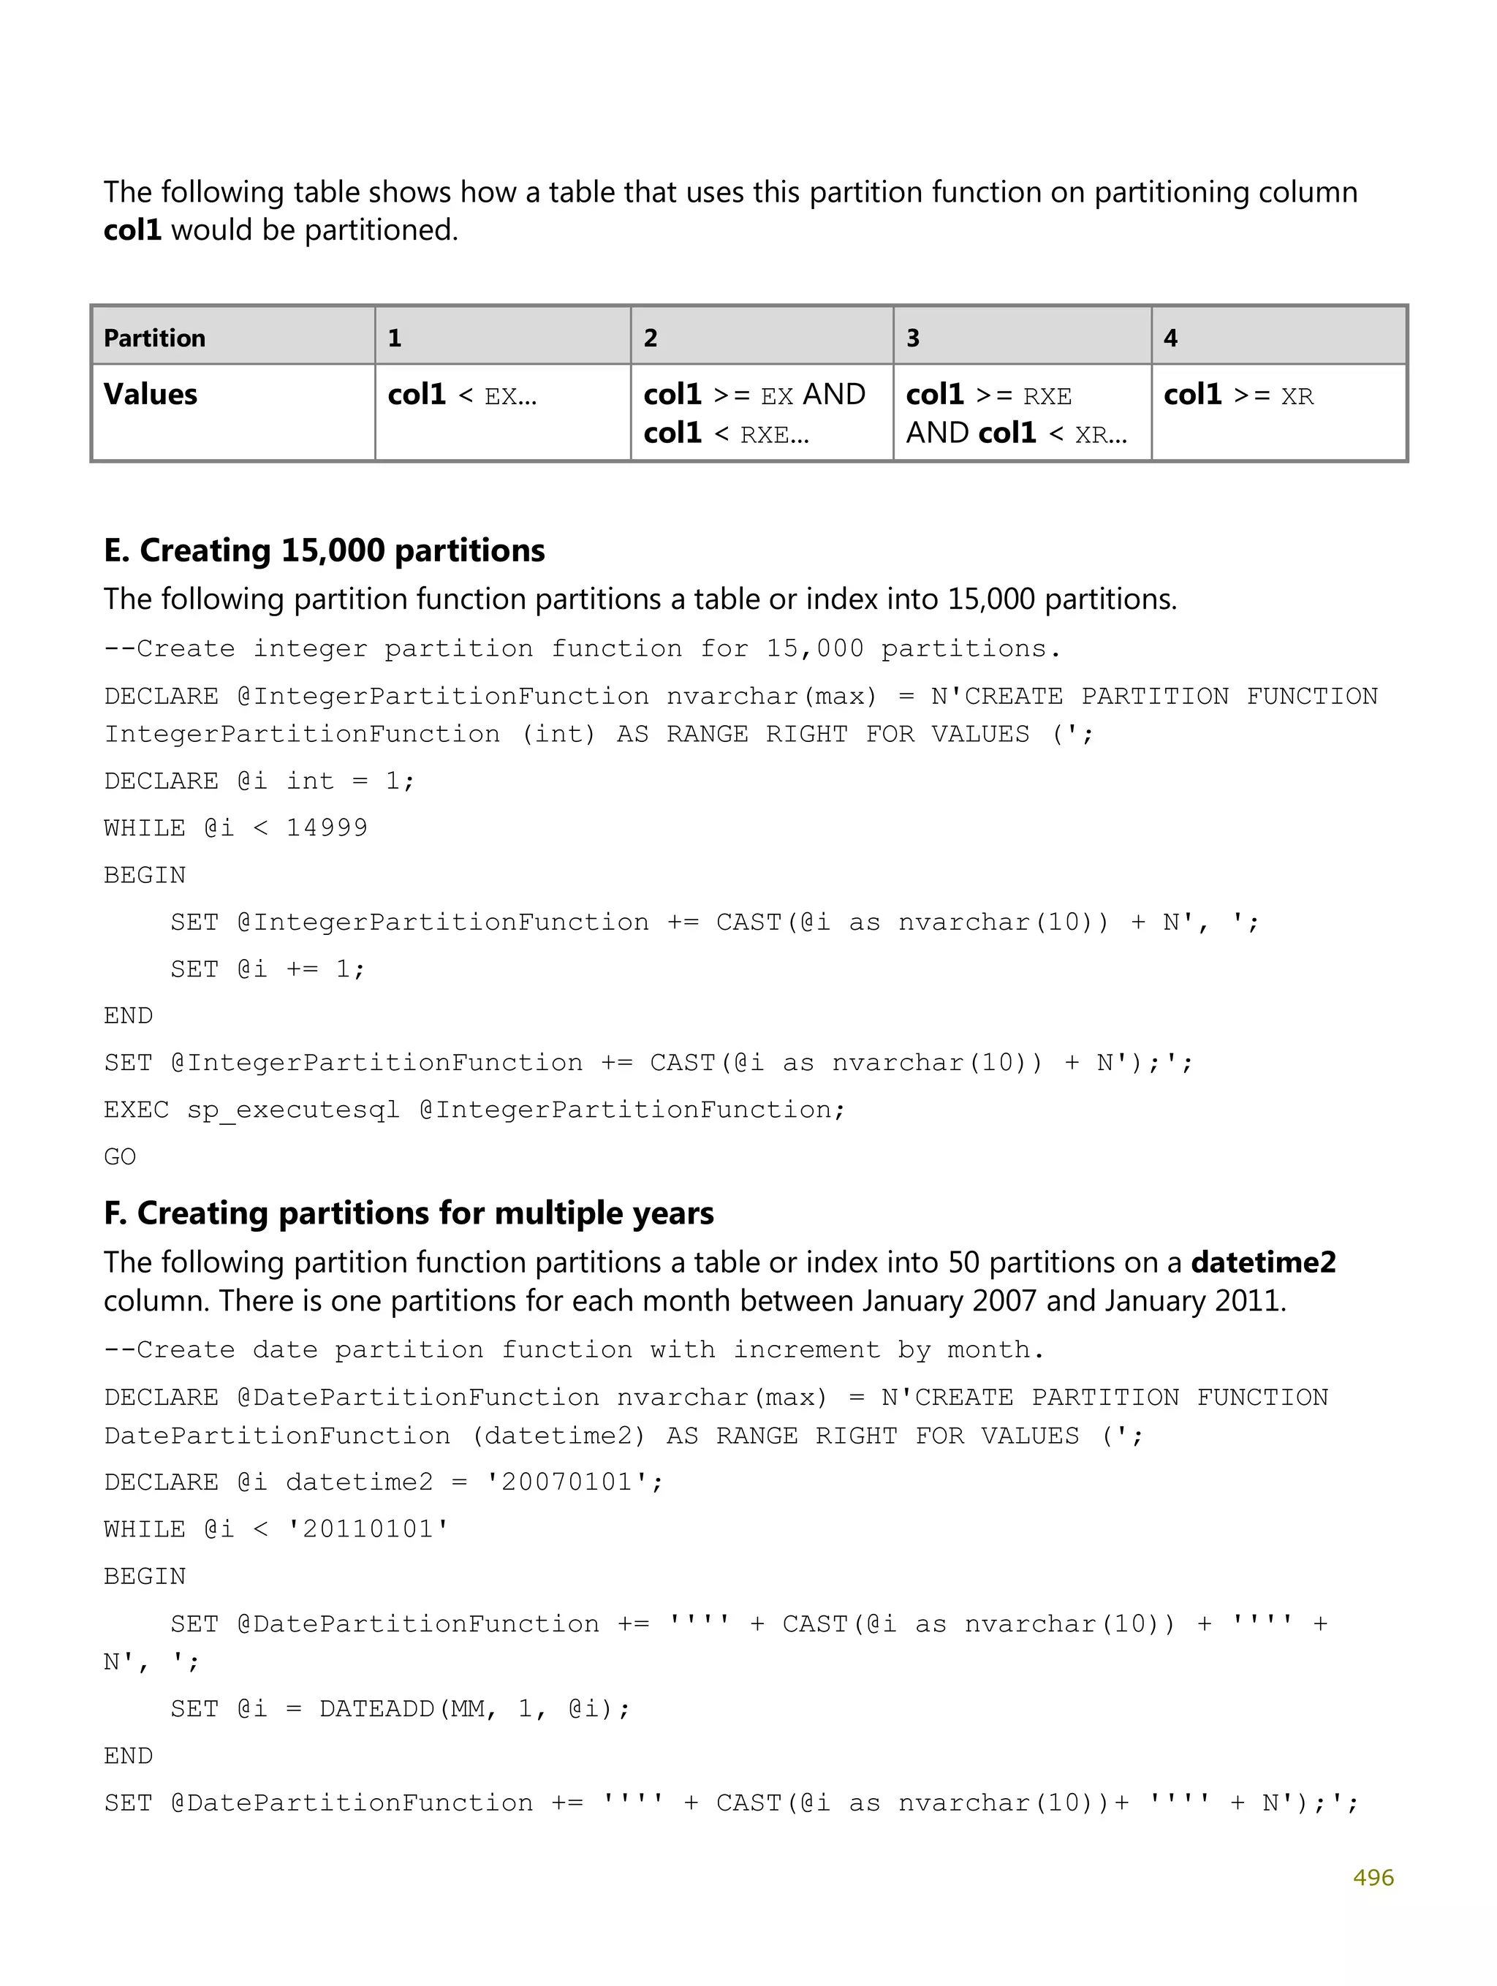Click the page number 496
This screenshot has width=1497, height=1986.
pyautogui.click(x=1372, y=1877)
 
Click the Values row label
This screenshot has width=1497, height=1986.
pyautogui.click(x=150, y=394)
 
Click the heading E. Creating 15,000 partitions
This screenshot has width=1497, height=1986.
pyautogui.click(x=325, y=550)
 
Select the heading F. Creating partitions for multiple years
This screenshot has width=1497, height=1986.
pyautogui.click(x=409, y=1213)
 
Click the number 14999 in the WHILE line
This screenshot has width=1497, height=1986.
pyautogui.click(x=326, y=827)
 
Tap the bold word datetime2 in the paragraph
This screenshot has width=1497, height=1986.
pyautogui.click(x=1262, y=1262)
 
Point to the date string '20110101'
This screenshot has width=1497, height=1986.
pyautogui.click(x=367, y=1529)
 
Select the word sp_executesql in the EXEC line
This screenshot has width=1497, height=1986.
pyautogui.click(x=293, y=1110)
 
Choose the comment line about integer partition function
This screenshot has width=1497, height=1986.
pyautogui.click(x=582, y=648)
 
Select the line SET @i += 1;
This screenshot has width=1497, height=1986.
pyautogui.click(x=268, y=969)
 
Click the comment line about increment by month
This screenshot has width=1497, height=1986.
pyautogui.click(x=574, y=1349)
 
